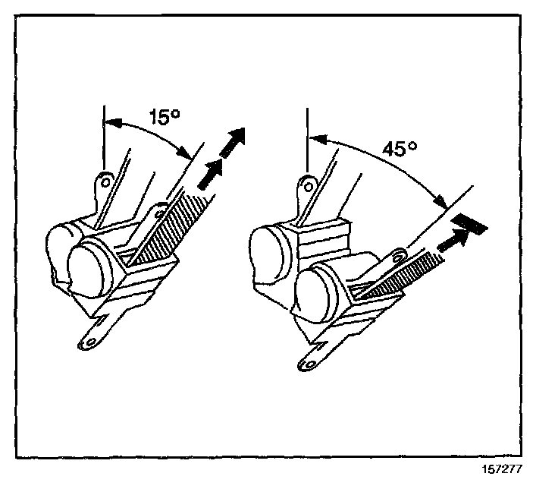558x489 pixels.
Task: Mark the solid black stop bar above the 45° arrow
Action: [470, 223]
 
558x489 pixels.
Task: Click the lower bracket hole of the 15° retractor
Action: [88, 343]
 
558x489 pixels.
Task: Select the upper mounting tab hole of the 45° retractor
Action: [306, 183]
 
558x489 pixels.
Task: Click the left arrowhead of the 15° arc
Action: [108, 120]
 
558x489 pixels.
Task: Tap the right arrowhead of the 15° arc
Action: [187, 153]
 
